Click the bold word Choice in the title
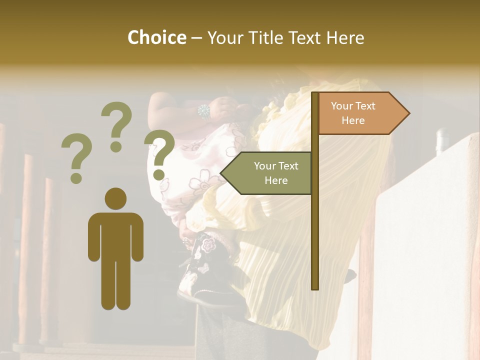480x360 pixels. coord(156,37)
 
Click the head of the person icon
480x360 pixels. coord(115,199)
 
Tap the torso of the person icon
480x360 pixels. coord(115,235)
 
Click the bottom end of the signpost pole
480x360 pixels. coord(315,286)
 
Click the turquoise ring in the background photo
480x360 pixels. coord(204,111)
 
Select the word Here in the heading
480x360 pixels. coord(345,37)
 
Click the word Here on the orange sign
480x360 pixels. coord(353,120)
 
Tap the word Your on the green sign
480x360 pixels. coord(264,166)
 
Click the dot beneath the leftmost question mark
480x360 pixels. coord(76,177)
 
